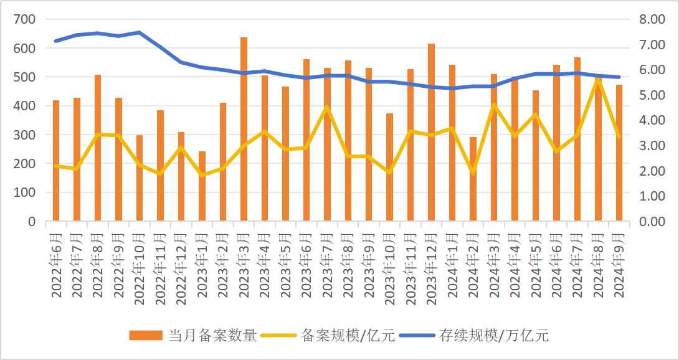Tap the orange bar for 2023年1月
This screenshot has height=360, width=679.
point(202,186)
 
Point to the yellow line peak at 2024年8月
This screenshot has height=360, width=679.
point(598,79)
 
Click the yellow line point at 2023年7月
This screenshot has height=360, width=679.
point(327,107)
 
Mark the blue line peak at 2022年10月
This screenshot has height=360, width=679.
point(139,32)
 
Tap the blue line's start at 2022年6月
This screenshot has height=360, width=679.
point(56,41)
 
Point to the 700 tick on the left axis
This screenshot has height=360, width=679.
point(26,19)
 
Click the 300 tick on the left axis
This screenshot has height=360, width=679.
point(26,135)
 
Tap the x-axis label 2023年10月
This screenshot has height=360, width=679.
point(390,268)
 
